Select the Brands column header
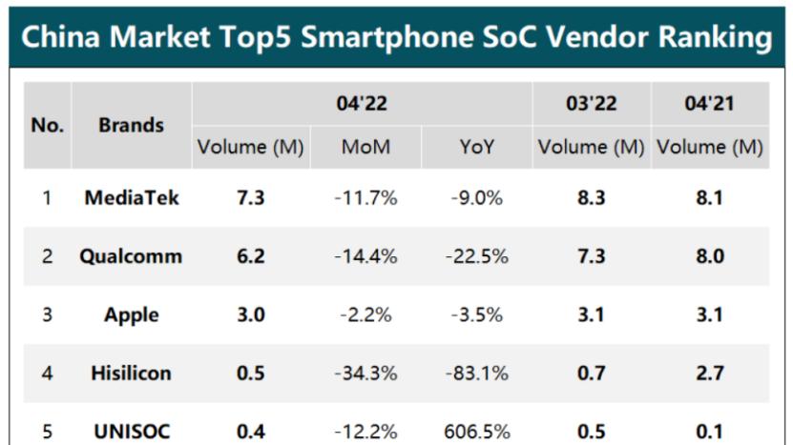tap(131, 125)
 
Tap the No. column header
tap(47, 125)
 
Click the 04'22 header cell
tap(362, 104)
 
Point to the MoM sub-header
tap(365, 148)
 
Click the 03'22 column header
tap(591, 104)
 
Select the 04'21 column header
tap(709, 104)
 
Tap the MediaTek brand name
tap(131, 198)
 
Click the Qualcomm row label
tap(131, 256)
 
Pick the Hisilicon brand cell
tap(131, 373)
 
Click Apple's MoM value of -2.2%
tap(365, 314)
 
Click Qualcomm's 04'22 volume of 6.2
tap(250, 256)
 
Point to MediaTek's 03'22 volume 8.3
tap(591, 198)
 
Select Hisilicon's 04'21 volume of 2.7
tap(709, 373)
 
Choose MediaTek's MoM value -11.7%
tap(365, 198)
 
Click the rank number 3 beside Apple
tap(47, 314)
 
